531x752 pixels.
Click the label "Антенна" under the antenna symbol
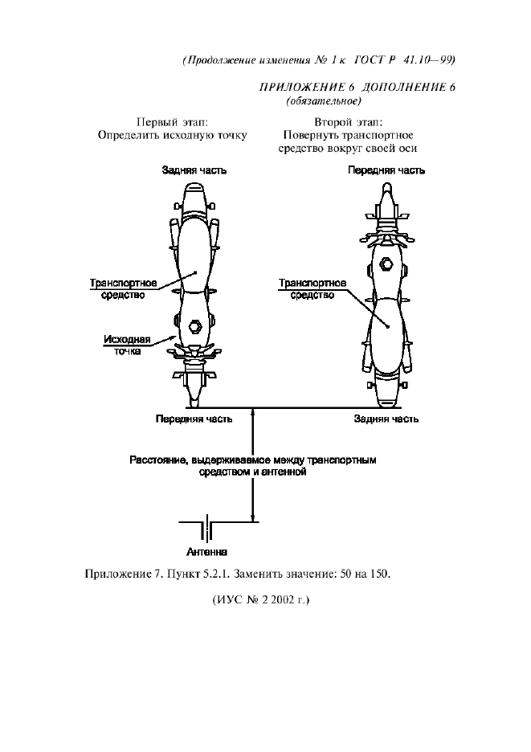[x=206, y=553]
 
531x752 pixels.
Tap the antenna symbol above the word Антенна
[x=206, y=530]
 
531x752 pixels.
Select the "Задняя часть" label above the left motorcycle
[x=194, y=170]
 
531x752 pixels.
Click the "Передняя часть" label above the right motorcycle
[x=386, y=170]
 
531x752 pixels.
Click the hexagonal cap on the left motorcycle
[x=194, y=326]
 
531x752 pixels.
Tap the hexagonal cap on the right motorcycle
[x=386, y=263]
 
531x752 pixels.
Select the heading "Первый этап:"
[x=172, y=122]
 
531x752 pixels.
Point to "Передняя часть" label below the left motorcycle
[x=194, y=419]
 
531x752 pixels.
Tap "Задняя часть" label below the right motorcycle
[x=386, y=419]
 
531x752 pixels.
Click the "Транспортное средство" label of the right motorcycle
[x=312, y=289]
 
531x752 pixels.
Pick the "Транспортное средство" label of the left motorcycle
[x=123, y=289]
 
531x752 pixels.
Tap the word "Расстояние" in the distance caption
[x=157, y=461]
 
